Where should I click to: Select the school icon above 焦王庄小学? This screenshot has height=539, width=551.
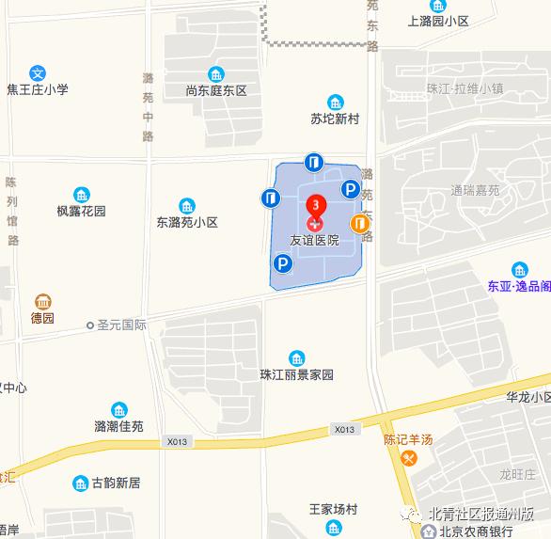[38, 72]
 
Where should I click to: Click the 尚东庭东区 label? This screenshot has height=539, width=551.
[216, 91]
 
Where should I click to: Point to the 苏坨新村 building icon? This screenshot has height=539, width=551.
[336, 103]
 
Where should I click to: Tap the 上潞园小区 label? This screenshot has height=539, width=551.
[438, 21]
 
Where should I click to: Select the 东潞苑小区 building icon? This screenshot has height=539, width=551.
[187, 206]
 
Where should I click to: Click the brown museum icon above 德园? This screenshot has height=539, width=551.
[42, 301]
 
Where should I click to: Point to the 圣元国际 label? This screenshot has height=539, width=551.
[121, 325]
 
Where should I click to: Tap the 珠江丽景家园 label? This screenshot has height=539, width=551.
[297, 374]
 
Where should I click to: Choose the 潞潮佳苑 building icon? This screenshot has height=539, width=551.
[119, 410]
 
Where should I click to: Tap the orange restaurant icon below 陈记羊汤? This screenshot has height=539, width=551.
[408, 458]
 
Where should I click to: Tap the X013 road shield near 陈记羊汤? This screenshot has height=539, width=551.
[344, 429]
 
